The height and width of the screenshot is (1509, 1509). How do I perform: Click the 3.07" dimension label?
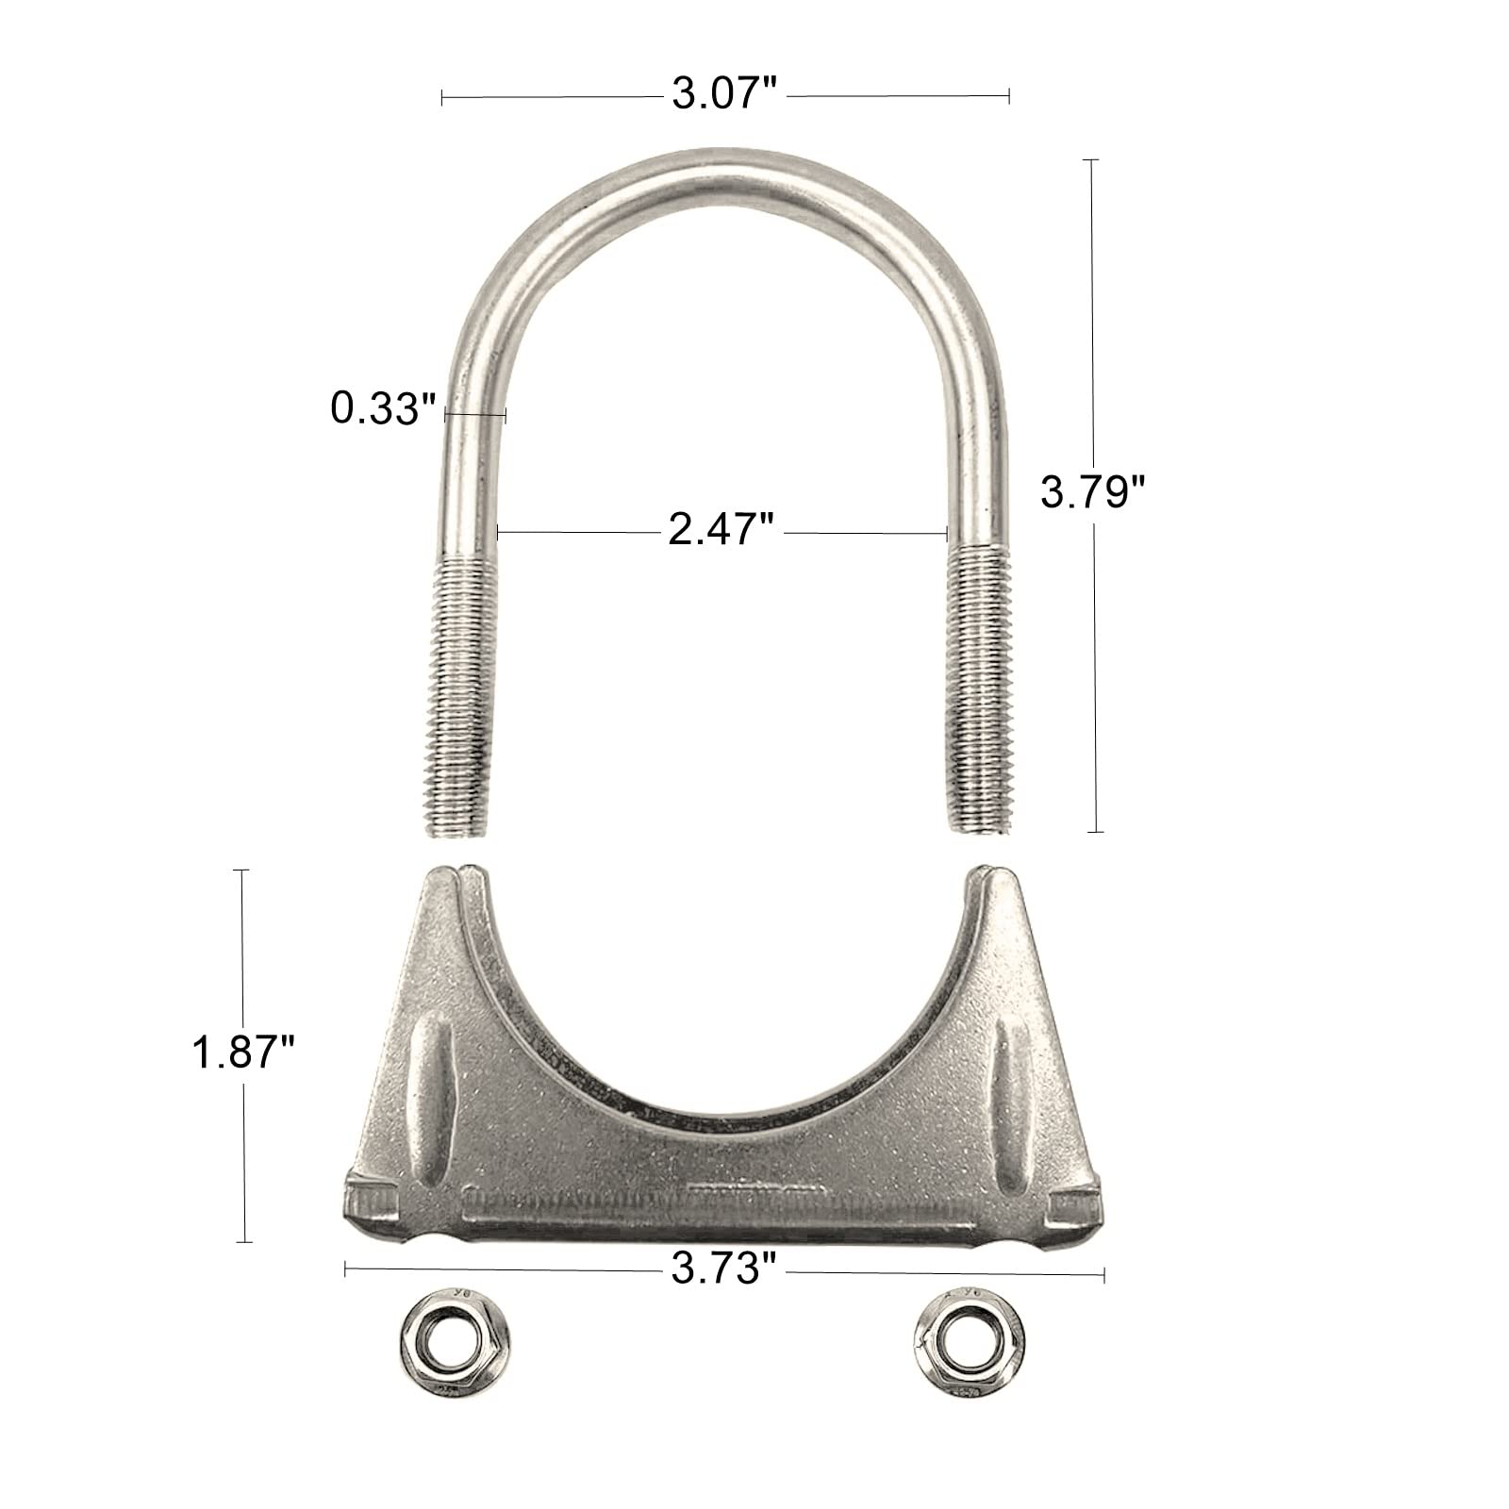click(x=724, y=95)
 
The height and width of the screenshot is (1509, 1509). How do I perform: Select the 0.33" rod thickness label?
click(x=383, y=409)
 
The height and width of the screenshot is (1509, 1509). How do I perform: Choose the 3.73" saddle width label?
click(x=723, y=1270)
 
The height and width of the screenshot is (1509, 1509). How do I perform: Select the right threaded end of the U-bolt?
click(x=979, y=693)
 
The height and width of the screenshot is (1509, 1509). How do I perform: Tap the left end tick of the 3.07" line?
click(x=442, y=95)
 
